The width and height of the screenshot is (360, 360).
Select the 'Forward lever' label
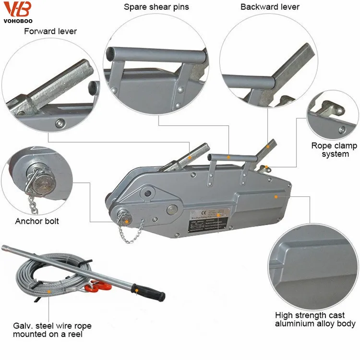[x=50, y=32]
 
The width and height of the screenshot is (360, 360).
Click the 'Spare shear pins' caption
[x=156, y=7]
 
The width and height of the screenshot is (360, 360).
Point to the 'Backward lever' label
[x=270, y=7]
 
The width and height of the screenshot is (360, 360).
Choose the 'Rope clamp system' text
[x=334, y=150]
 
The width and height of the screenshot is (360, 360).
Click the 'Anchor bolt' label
[x=37, y=221]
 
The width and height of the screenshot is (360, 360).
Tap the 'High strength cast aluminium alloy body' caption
[x=315, y=319]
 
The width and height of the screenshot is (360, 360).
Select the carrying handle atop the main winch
[x=228, y=157]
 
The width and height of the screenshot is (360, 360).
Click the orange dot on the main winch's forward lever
[x=190, y=157]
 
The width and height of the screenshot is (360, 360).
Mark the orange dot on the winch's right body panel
[x=276, y=196]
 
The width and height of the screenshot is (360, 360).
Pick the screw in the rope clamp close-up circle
[x=341, y=130]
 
